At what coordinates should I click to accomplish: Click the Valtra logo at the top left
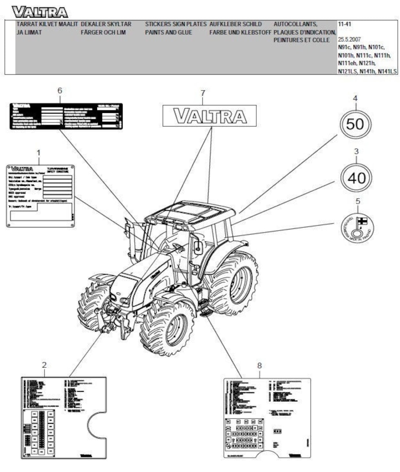point(40,12)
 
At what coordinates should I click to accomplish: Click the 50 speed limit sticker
point(355,124)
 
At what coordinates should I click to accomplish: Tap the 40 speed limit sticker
point(356,178)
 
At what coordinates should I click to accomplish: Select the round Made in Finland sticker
point(357,227)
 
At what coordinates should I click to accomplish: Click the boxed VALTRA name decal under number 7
point(210,116)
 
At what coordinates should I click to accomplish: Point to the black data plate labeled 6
point(66,116)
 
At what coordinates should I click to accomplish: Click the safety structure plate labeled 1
point(40,195)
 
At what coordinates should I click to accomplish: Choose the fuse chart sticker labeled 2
point(63,418)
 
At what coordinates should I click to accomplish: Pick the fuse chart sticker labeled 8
point(267,418)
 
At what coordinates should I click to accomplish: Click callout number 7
point(203,93)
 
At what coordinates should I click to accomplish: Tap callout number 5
point(357,201)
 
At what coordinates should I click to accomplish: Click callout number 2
point(44,365)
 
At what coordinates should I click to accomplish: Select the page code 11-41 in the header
point(344,24)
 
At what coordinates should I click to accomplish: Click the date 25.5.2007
point(349,39)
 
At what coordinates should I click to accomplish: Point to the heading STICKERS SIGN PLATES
point(176,24)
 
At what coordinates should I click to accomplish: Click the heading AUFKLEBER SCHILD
point(236,24)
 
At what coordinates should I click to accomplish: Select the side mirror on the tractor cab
point(199,247)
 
